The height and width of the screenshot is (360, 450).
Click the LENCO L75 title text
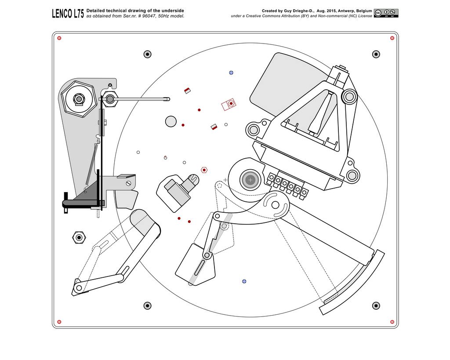click(68, 13)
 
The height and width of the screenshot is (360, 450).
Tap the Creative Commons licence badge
click(386, 13)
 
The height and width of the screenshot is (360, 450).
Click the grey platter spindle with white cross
click(250, 179)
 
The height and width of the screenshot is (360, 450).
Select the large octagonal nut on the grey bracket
click(78, 100)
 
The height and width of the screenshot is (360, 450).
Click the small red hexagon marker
click(204, 169)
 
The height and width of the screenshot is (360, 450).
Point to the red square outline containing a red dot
click(229, 104)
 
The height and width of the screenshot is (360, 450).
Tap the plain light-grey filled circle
click(171, 121)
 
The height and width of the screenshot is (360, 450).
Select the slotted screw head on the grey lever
click(128, 183)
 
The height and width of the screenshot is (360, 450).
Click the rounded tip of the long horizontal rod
click(167, 99)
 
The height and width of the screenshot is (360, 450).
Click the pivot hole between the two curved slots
click(276, 205)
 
